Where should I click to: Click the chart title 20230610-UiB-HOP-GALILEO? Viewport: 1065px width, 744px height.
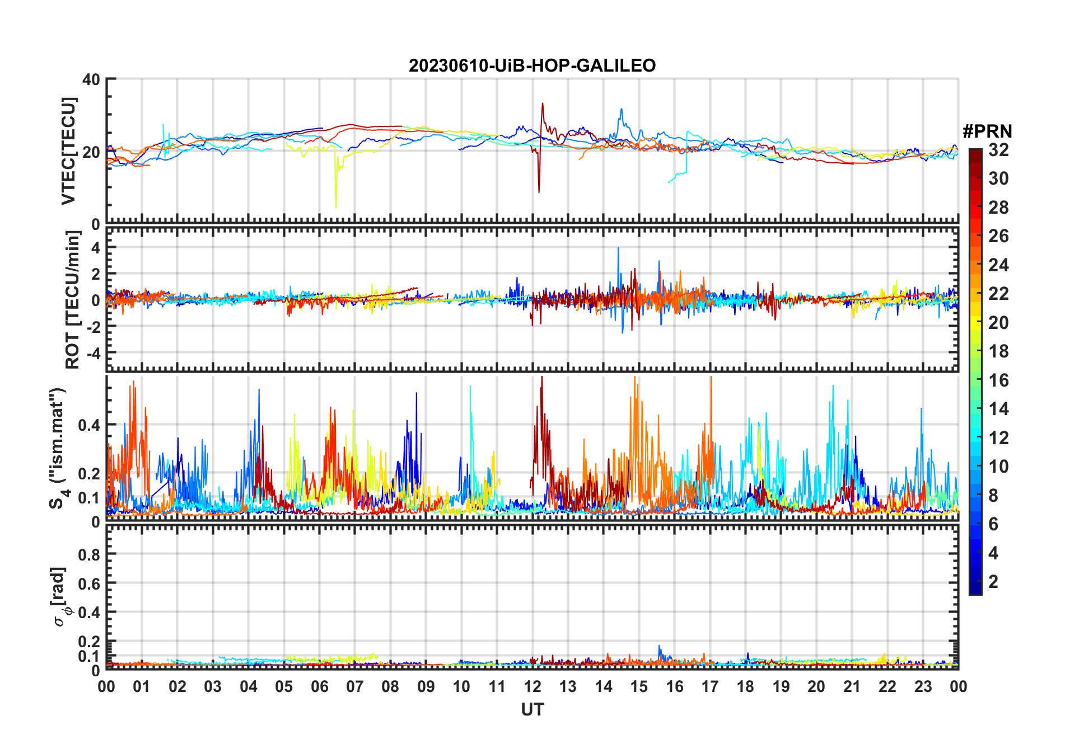pos(532,66)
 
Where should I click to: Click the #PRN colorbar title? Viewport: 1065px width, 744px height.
pos(987,131)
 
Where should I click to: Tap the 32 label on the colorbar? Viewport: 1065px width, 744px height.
pos(998,150)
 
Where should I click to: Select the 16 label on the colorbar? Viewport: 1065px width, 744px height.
pos(998,380)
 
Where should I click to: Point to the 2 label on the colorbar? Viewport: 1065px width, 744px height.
pos(993,582)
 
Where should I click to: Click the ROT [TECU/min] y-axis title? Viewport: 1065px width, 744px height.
pos(73,300)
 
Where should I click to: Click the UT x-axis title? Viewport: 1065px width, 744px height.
pos(532,709)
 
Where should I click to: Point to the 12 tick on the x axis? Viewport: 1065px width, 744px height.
pos(532,686)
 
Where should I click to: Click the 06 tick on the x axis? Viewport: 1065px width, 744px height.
pos(319,686)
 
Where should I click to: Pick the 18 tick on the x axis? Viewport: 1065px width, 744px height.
pos(745,686)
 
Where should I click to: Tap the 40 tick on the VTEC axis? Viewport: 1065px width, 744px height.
pos(91,79)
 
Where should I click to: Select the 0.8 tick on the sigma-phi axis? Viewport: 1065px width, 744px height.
pos(89,554)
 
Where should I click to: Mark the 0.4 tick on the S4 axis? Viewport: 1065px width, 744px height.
pos(89,425)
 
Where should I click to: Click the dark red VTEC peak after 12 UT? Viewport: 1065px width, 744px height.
pos(542,104)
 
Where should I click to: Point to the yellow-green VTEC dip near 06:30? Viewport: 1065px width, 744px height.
pos(336,207)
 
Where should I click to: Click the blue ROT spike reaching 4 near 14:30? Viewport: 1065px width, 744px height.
pos(618,248)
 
